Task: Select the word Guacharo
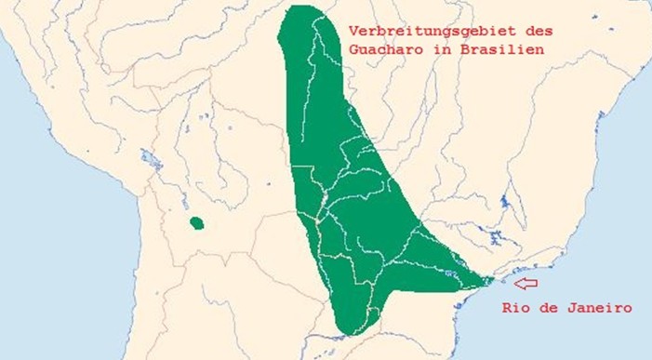(382, 49)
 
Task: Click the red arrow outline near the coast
(526, 283)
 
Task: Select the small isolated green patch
(196, 223)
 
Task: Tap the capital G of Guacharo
(354, 49)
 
